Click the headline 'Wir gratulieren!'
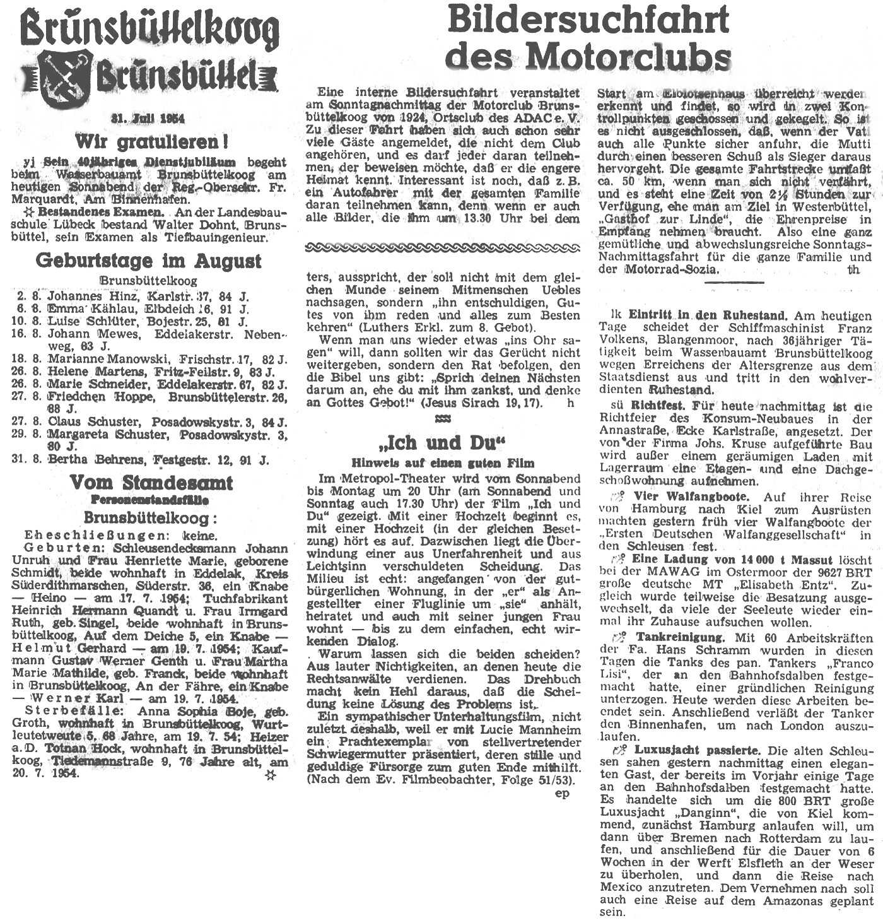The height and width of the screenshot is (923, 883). [x=151, y=140]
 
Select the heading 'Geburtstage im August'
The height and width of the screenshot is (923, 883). [x=148, y=260]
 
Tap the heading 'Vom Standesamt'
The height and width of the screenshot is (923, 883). [x=151, y=483]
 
